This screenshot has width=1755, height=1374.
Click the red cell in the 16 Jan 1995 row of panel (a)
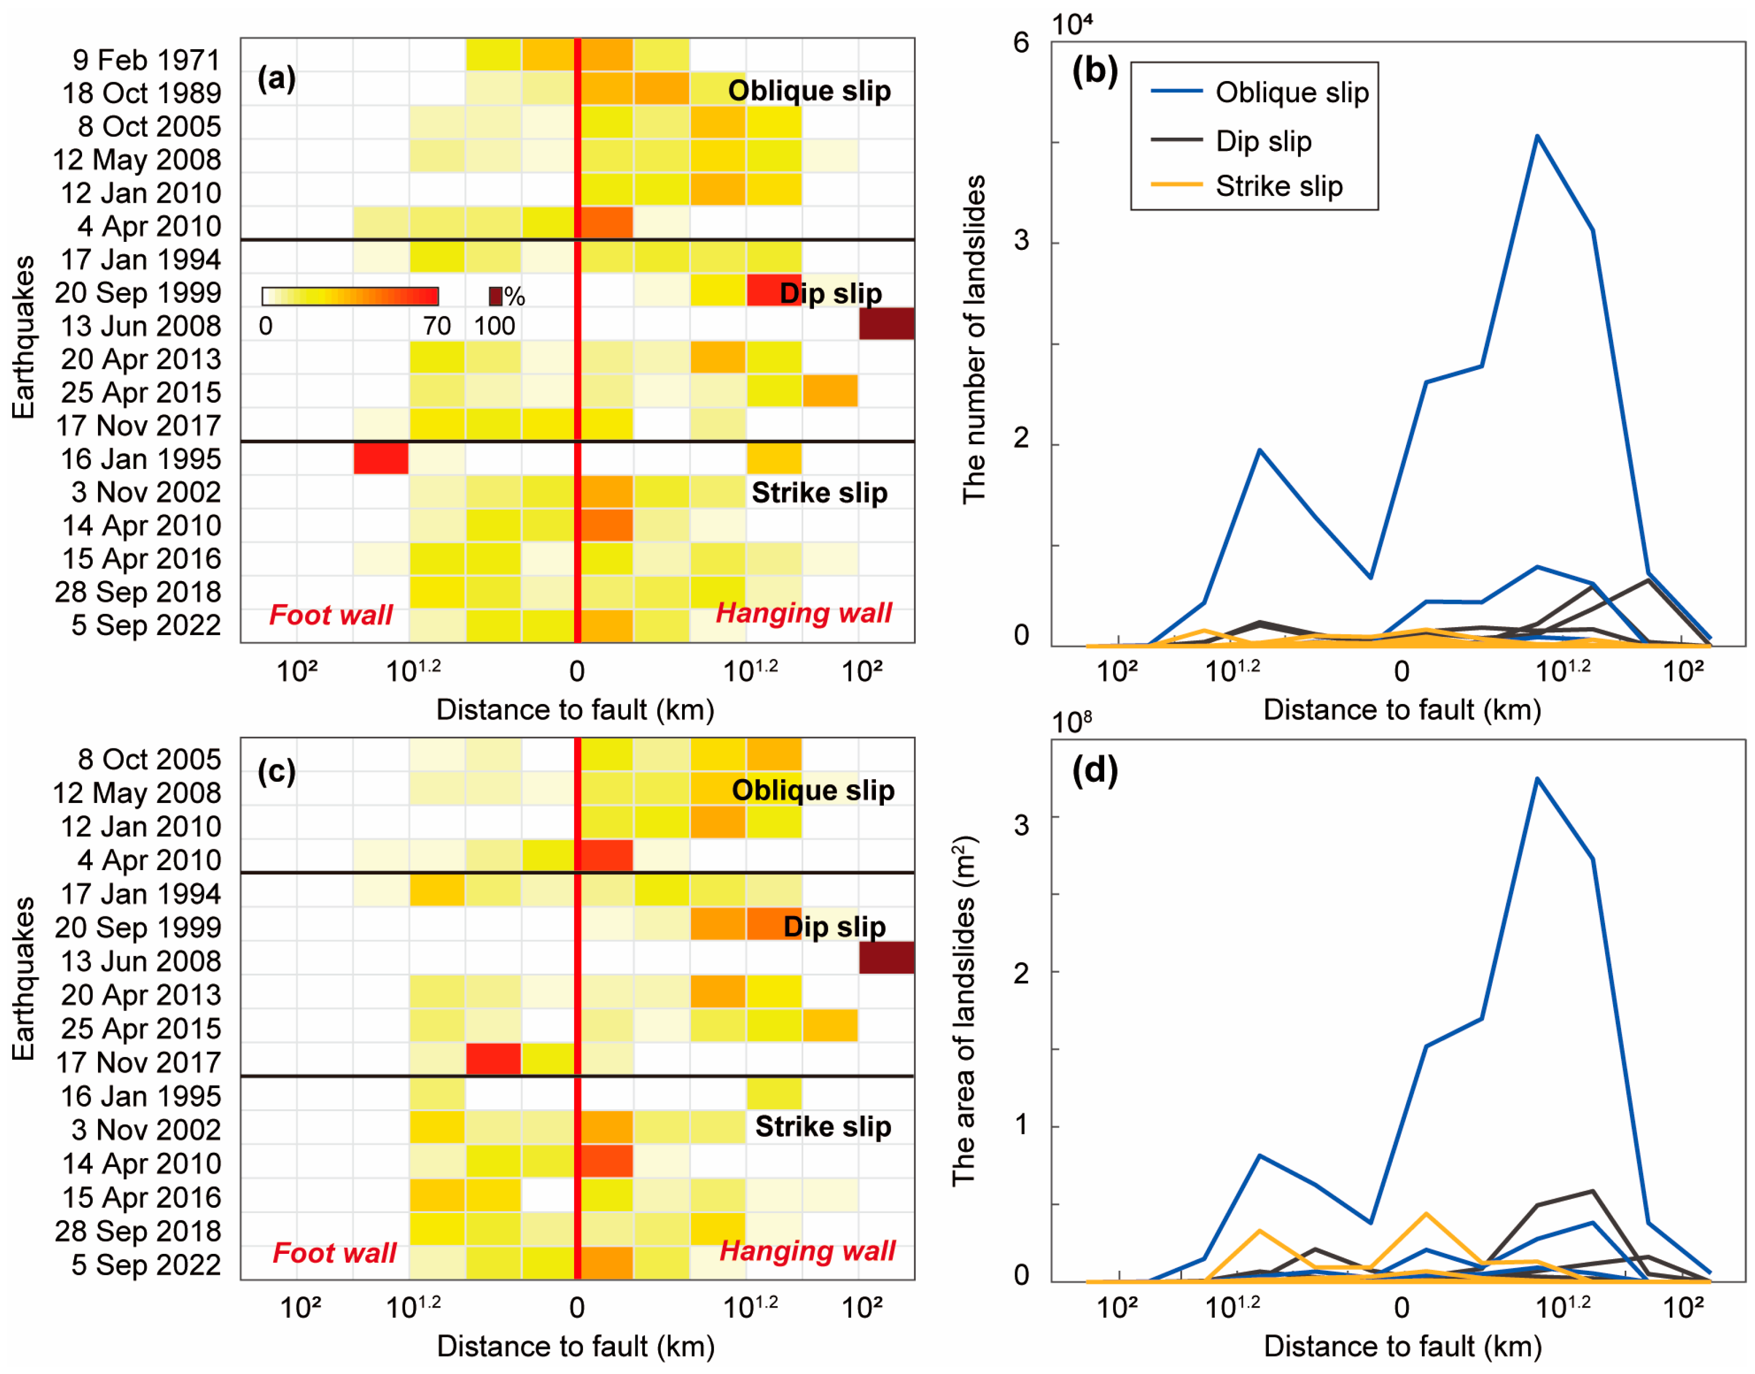pos(381,458)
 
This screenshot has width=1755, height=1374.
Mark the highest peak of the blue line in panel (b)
pos(1537,136)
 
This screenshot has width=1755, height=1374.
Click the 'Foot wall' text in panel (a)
pos(331,614)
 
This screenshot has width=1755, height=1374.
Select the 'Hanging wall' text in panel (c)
pos(807,1251)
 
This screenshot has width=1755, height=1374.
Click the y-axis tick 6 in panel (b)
pos(1021,43)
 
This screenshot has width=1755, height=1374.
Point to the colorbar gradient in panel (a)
pos(350,296)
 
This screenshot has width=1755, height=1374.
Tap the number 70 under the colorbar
pos(437,326)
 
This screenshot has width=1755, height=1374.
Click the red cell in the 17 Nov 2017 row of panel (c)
pos(493,1059)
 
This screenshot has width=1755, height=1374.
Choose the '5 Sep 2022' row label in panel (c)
pos(146,1264)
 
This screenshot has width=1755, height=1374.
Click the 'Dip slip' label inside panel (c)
pos(835,927)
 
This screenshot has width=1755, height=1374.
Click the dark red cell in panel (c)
pos(886,957)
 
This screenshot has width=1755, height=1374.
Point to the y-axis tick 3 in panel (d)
pos(1021,825)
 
